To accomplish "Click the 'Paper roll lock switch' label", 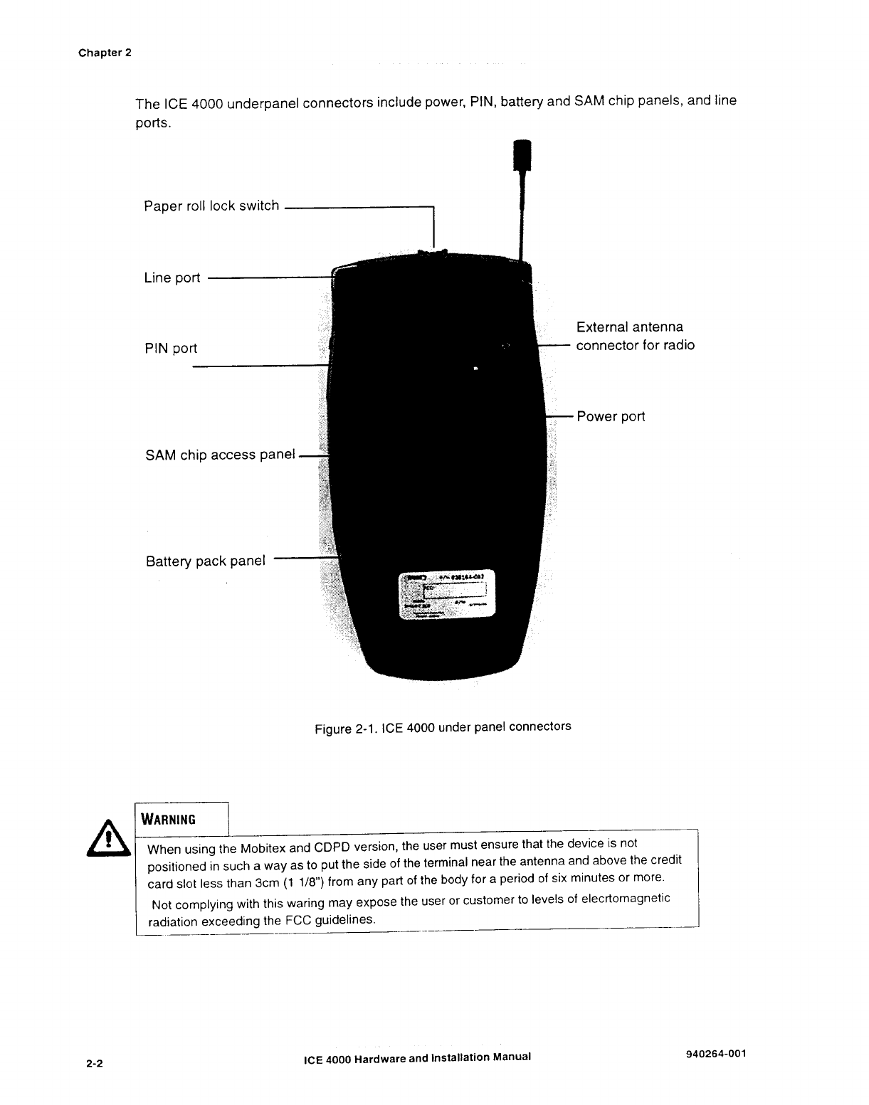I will (x=211, y=206).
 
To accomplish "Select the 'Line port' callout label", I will (x=172, y=278).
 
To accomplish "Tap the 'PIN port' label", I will (x=171, y=349).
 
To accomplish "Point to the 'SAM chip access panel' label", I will (x=220, y=455).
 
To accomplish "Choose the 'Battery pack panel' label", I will (x=205, y=561).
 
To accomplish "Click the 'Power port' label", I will (x=611, y=417).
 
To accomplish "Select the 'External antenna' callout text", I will (x=630, y=327).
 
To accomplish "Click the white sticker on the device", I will (x=446, y=595).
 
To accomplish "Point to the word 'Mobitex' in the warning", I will (x=263, y=849).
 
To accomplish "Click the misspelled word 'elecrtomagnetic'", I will (x=626, y=899).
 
